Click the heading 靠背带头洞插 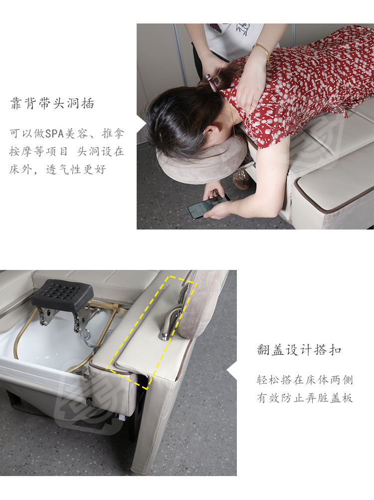pyautogui.click(x=52, y=104)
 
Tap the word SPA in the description pyautogui.click(x=55, y=133)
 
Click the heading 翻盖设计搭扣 pyautogui.click(x=299, y=350)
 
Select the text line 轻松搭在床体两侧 pyautogui.click(x=305, y=380)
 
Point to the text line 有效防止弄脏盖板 pyautogui.click(x=305, y=398)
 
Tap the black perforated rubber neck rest pyautogui.click(x=62, y=293)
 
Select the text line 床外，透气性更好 pyautogui.click(x=58, y=169)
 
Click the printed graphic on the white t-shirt pyautogui.click(x=243, y=29)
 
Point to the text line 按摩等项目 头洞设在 pyautogui.click(x=66, y=152)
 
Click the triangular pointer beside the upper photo pyautogui.click(x=142, y=123)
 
